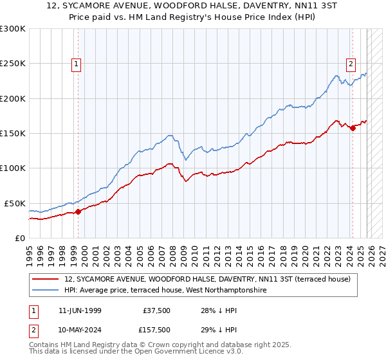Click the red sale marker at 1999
tap(78, 212)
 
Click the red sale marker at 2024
tap(353, 128)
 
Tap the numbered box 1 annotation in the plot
tap(77, 64)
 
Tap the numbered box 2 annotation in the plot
tap(351, 64)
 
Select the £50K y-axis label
tap(15, 203)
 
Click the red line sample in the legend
tap(46, 279)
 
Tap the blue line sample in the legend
tap(46, 291)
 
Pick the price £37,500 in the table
tap(157, 310)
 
